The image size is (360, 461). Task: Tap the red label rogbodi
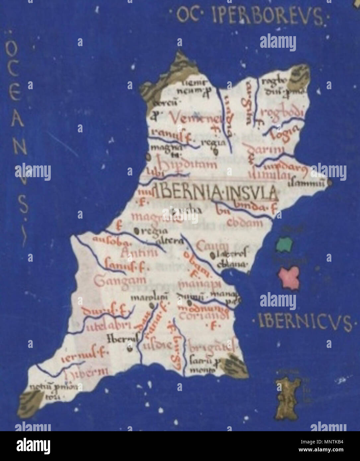282,113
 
